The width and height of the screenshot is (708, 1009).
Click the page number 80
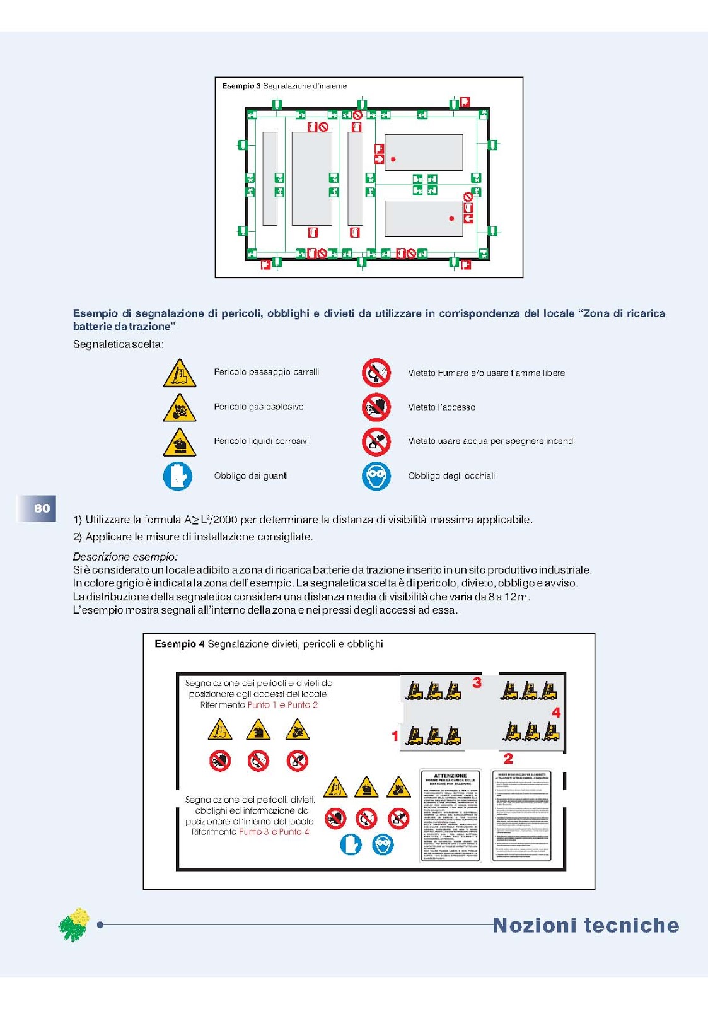pos(42,508)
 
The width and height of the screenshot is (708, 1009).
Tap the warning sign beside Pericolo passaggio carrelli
pos(180,373)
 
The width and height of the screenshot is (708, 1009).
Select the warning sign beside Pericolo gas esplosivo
pos(180,407)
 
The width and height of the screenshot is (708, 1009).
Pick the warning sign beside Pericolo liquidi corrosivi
pos(180,441)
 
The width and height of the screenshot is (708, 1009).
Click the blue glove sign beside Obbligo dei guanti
pos(178,476)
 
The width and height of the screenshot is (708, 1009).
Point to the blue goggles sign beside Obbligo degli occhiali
pos(376,476)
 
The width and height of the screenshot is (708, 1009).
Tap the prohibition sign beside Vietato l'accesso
pos(376,407)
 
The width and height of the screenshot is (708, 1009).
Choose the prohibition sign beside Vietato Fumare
pos(376,373)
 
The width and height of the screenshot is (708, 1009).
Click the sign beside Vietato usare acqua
pos(376,441)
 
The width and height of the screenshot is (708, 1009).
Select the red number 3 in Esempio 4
pos(477,682)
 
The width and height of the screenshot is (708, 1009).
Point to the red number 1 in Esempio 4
pos(395,735)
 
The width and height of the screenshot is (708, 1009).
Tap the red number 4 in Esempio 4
pos(556,713)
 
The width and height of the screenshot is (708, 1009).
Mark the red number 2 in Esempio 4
pos(508,759)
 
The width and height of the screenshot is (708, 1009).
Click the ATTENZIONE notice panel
pos(450,816)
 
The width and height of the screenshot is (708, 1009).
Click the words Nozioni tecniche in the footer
pos(586,925)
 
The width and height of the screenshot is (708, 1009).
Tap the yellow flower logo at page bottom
pos(74,924)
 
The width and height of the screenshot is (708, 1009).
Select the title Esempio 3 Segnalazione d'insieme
pos(284,86)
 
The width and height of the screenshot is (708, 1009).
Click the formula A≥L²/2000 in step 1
pos(211,520)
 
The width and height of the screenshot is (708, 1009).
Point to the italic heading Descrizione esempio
pos(125,556)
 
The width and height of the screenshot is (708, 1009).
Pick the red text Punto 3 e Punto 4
pos(274,832)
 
